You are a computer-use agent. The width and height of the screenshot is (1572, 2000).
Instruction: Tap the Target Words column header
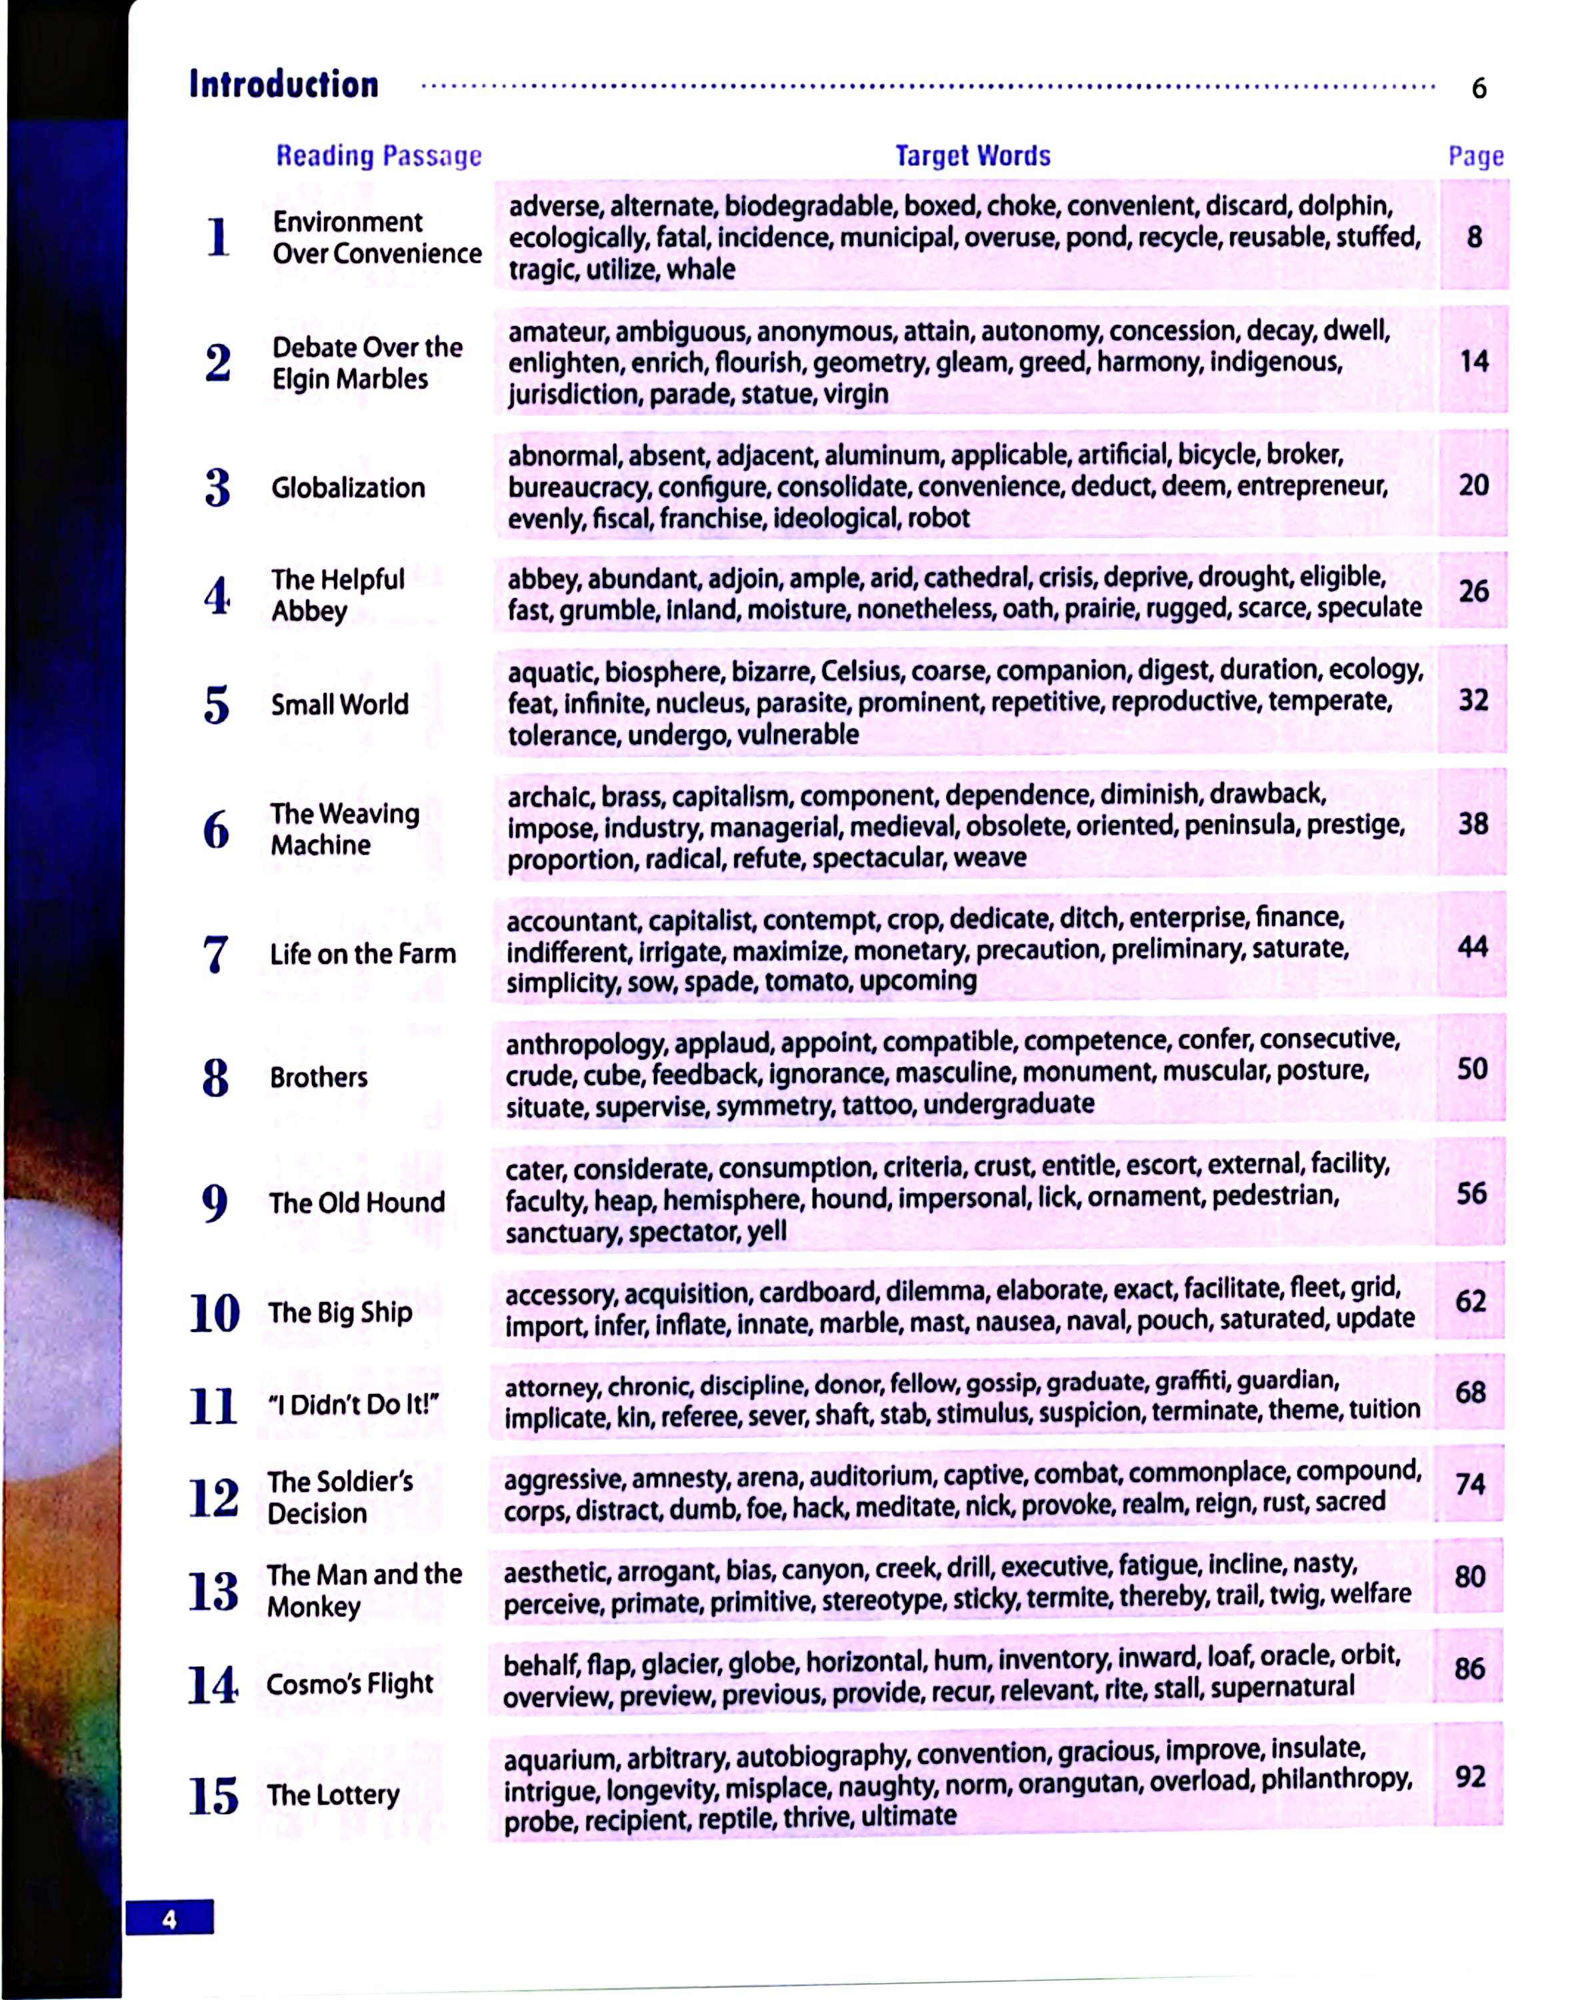click(x=972, y=155)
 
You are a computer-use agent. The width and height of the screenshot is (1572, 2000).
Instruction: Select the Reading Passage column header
click(x=378, y=155)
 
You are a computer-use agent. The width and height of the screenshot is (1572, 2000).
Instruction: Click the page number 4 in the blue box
click(x=169, y=1919)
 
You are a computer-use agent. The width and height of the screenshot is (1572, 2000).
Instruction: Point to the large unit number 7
click(x=215, y=953)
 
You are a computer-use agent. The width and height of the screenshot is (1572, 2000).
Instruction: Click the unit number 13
click(x=213, y=1591)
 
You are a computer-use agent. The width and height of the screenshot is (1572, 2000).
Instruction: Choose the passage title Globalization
click(x=348, y=488)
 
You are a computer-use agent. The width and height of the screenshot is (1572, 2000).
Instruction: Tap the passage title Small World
click(x=339, y=704)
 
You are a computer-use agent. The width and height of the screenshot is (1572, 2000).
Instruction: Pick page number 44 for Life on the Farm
click(x=1472, y=946)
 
